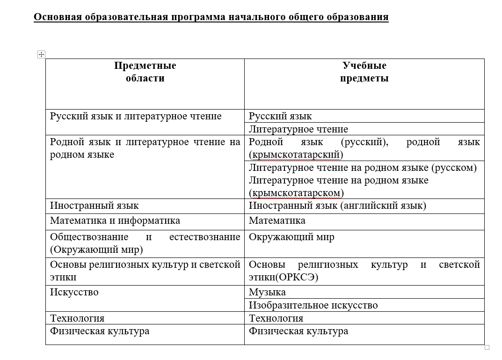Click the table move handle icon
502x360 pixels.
[x=41, y=55]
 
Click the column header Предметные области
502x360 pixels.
[x=145, y=72]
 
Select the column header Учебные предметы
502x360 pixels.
[x=364, y=72]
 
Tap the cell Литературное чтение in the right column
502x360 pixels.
[x=298, y=129]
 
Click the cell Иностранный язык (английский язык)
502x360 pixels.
[x=337, y=206]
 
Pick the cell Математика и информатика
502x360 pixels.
[x=115, y=220]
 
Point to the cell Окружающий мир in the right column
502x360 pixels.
[x=291, y=237]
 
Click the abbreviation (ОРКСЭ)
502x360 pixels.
[x=297, y=277]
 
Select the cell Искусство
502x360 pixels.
[x=74, y=292]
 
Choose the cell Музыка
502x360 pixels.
[x=267, y=292]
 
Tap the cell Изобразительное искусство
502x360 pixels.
[x=313, y=305]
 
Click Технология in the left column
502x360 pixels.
[x=77, y=318]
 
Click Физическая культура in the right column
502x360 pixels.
[x=298, y=331]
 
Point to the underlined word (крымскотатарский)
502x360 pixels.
[x=296, y=154]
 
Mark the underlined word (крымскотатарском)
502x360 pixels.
[x=296, y=193]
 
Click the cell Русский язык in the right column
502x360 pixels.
[x=280, y=116]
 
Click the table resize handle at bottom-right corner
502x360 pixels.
[x=487, y=347]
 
